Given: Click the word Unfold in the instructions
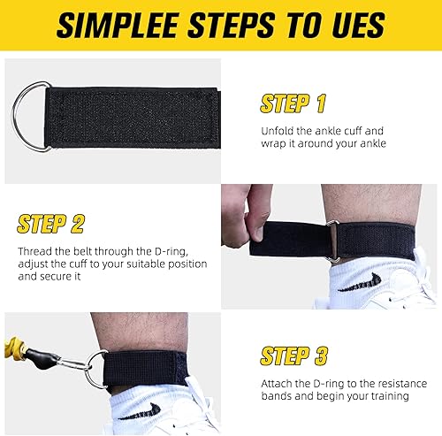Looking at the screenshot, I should click(x=279, y=129).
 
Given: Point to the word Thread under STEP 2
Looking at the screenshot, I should click(x=34, y=250).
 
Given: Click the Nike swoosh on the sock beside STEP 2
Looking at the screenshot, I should click(x=362, y=284).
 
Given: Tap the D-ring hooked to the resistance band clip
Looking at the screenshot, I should click(x=95, y=371).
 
